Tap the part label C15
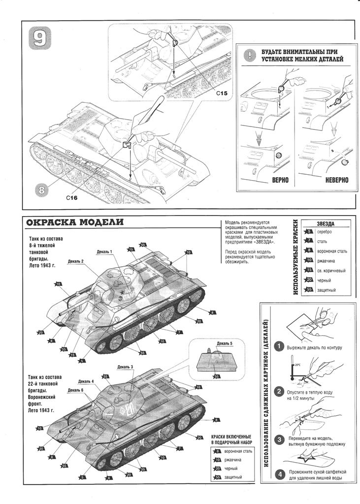pyautogui.click(x=221, y=93)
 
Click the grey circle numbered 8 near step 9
pyautogui.click(x=42, y=189)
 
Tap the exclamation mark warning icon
pyautogui.click(x=252, y=55)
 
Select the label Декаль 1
pyautogui.click(x=105, y=252)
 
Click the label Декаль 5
pyautogui.click(x=224, y=343)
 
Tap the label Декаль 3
pyautogui.click(x=125, y=367)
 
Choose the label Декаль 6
pyautogui.click(x=76, y=390)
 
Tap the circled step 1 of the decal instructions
pyautogui.click(x=279, y=346)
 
